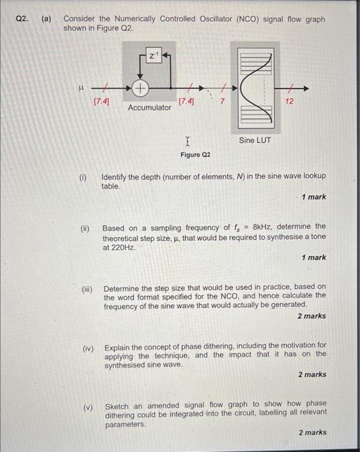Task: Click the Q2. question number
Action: click(23, 19)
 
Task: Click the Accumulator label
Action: click(150, 107)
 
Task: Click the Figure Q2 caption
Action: click(195, 155)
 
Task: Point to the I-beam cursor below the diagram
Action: click(187, 140)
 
